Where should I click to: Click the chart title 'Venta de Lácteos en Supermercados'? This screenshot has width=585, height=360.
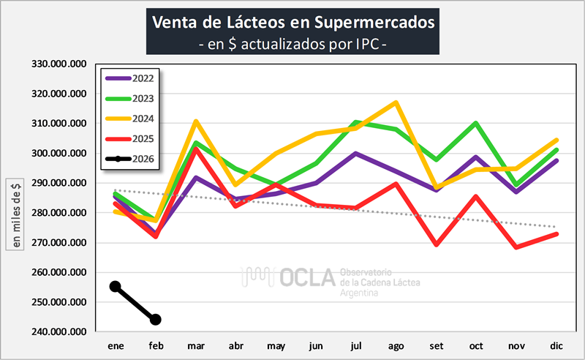tap(292, 22)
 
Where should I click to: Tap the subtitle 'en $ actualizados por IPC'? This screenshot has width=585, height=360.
tap(292, 44)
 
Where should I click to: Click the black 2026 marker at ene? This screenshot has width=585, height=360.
tap(115, 286)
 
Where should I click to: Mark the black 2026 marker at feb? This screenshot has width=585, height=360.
tap(155, 320)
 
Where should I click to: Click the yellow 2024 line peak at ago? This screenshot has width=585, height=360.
tap(396, 102)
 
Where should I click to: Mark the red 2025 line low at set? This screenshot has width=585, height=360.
tap(437, 244)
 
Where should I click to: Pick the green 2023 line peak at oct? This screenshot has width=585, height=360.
tap(476, 123)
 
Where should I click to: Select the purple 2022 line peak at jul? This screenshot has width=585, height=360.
tap(356, 154)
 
